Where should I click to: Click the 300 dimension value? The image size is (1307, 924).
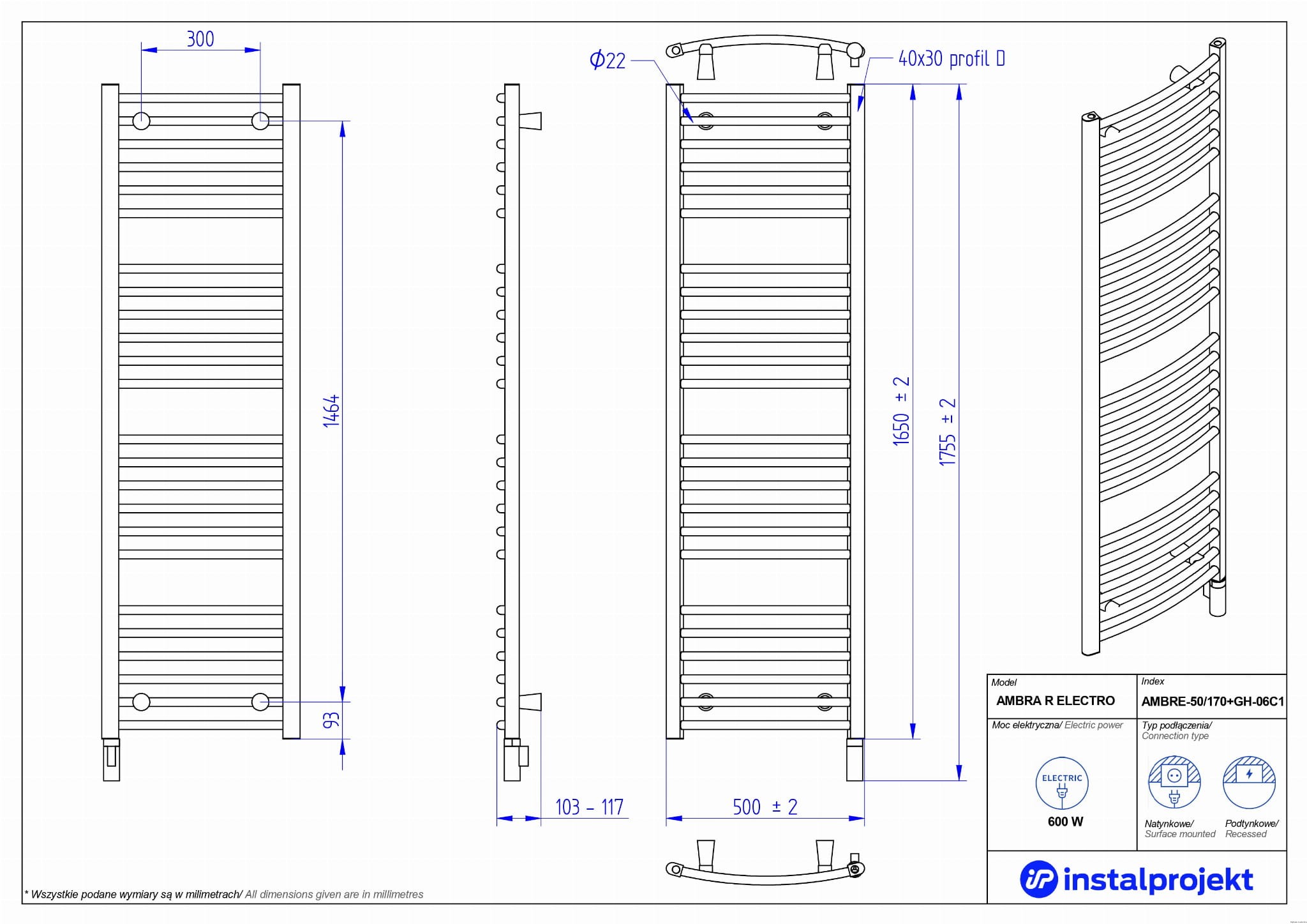tap(200, 40)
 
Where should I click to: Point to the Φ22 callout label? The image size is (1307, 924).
tap(608, 61)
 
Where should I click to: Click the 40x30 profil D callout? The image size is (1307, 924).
tap(951, 59)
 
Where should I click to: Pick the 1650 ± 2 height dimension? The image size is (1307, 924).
tap(901, 411)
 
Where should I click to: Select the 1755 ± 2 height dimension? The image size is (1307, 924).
tap(948, 432)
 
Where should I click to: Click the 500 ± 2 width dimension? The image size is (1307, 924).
tap(765, 807)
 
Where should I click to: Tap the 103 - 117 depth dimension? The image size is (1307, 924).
tap(589, 807)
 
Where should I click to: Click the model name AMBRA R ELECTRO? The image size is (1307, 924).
tap(1056, 701)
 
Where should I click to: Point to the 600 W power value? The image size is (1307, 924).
tap(1065, 822)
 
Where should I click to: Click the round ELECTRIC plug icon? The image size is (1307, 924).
tap(1062, 784)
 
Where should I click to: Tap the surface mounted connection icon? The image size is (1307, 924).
tap(1174, 782)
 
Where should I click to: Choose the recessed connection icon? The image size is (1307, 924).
tap(1249, 782)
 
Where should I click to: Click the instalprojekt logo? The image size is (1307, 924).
tap(1136, 880)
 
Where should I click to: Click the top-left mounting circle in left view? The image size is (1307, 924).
tap(141, 121)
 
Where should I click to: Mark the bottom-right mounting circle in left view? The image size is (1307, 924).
tap(260, 702)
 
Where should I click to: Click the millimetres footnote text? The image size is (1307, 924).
tap(224, 894)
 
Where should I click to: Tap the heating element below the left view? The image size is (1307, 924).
tap(111, 759)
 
